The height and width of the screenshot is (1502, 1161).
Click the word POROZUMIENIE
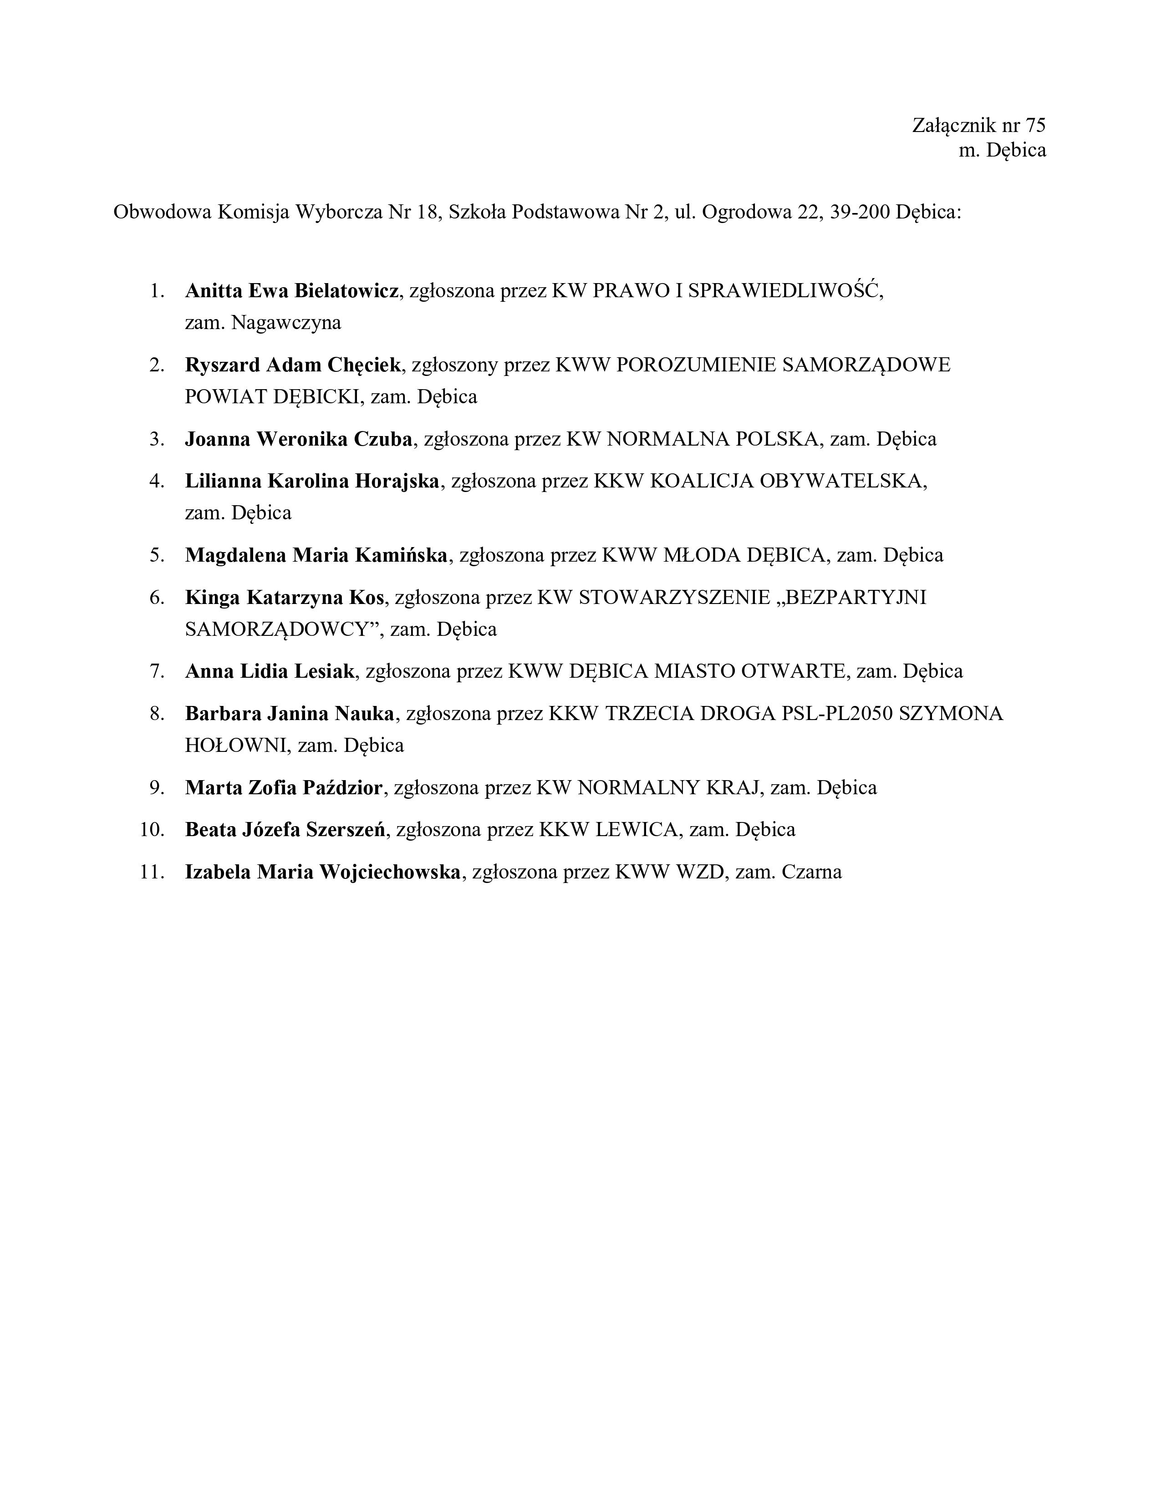click(x=697, y=365)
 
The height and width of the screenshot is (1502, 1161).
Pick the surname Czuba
click(x=383, y=439)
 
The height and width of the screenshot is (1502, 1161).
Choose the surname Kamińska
click(x=401, y=555)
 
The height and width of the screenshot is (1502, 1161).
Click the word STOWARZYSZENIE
click(x=674, y=597)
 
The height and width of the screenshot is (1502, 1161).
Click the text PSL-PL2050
click(x=837, y=713)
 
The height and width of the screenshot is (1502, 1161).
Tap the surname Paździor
click(x=342, y=787)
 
